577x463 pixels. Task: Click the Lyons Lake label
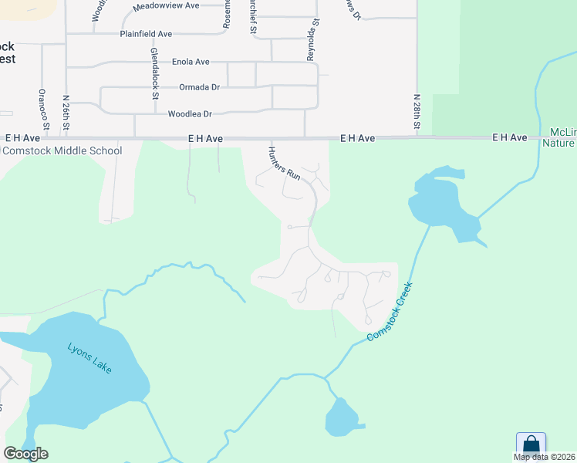89,358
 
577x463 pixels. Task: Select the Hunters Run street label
284,164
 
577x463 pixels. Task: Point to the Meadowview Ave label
166,5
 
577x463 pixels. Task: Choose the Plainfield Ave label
146,34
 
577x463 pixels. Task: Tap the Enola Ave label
191,62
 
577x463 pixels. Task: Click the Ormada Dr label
199,87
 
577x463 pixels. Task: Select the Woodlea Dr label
190,114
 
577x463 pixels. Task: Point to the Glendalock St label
154,73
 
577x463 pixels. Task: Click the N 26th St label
66,113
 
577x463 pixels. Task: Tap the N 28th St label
417,113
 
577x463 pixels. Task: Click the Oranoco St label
43,109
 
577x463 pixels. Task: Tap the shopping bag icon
531,444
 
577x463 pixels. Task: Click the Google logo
25,454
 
